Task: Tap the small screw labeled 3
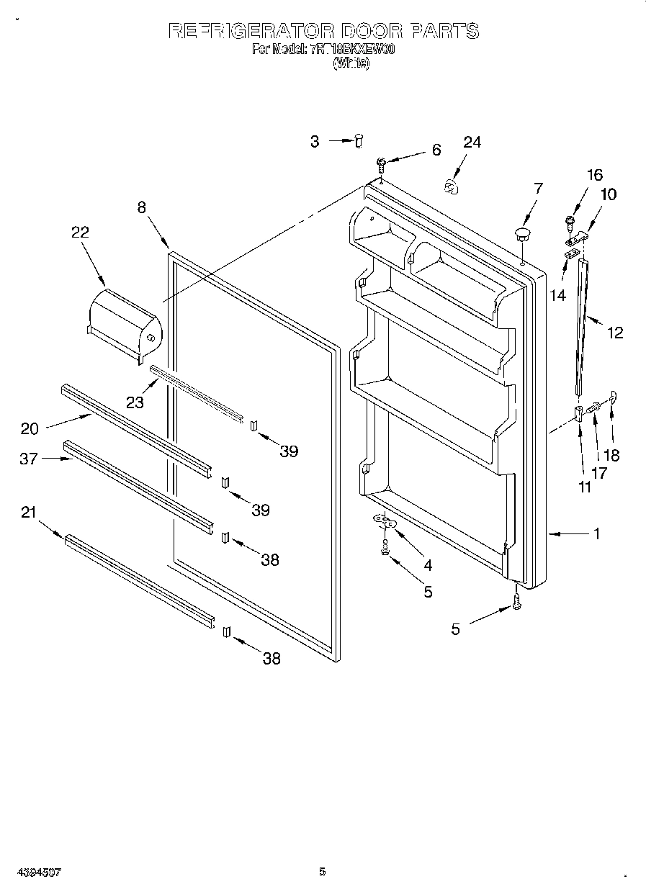(x=359, y=141)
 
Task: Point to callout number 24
(x=472, y=142)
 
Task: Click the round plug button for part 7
(x=522, y=233)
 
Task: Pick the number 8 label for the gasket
(x=141, y=207)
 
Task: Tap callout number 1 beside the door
(x=596, y=534)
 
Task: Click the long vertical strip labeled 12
(x=583, y=327)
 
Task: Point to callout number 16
(x=595, y=175)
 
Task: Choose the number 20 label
(x=30, y=428)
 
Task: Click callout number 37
(x=29, y=459)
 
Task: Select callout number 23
(x=135, y=403)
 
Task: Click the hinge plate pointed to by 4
(x=384, y=520)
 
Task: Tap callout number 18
(x=611, y=455)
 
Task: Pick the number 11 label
(x=584, y=487)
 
